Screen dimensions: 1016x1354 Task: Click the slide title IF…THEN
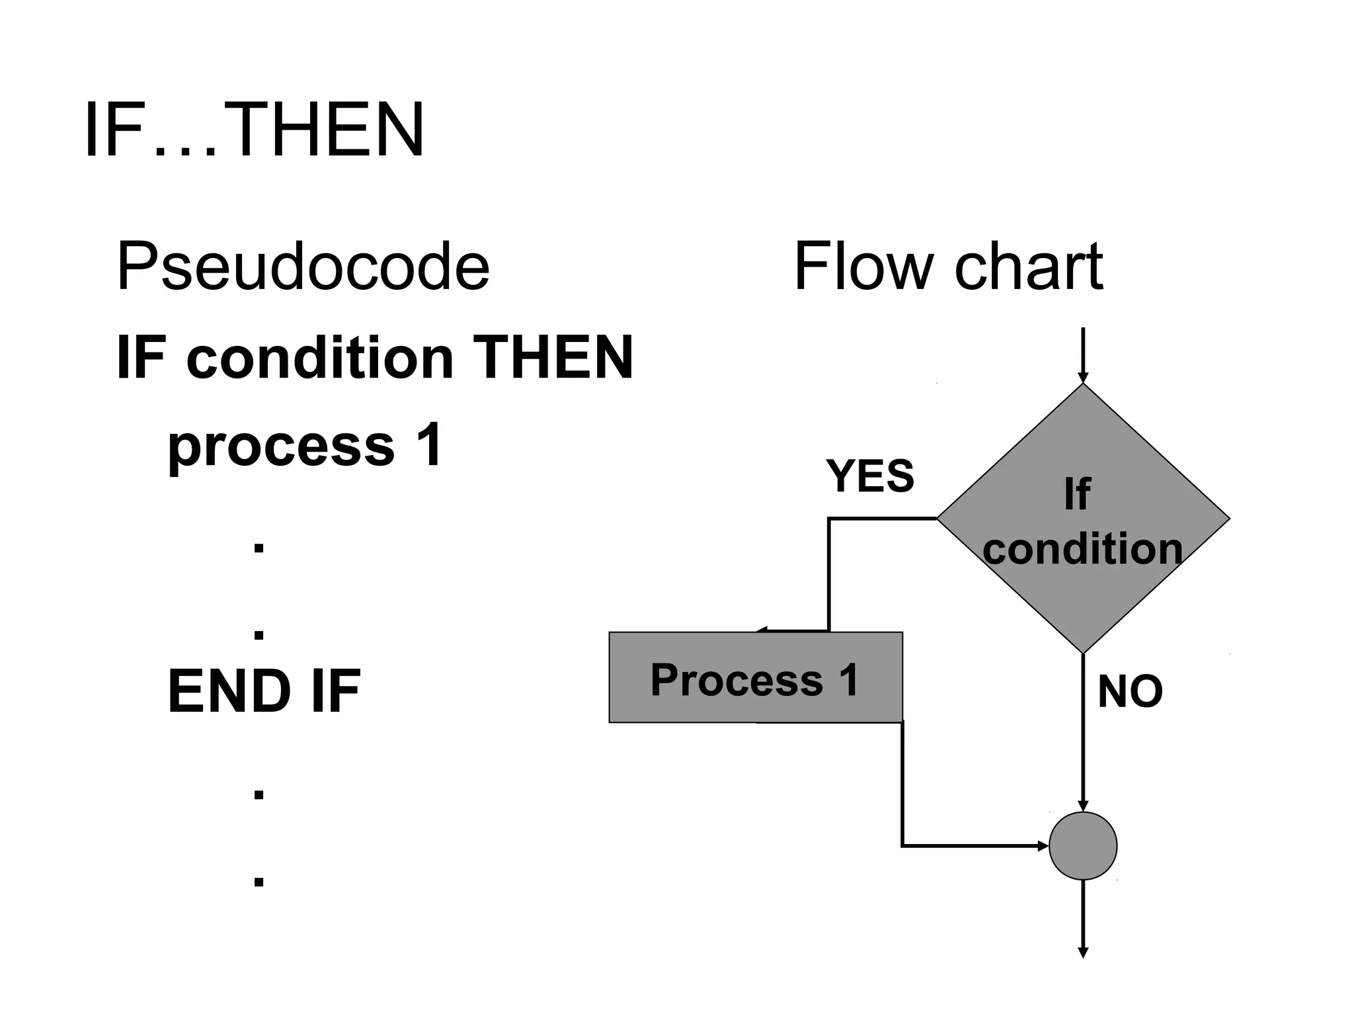pos(254,130)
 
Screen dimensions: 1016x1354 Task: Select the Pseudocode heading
pos(303,266)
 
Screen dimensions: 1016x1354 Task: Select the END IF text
pos(264,692)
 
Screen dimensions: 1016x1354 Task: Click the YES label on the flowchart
pos(869,476)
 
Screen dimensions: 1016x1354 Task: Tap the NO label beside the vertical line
pos(1129,692)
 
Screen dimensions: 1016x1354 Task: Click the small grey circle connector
pos(1082,845)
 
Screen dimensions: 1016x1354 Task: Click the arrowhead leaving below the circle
pos(1082,952)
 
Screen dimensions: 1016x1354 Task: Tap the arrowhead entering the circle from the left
pos(1044,845)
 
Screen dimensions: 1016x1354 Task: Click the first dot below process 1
pos(259,547)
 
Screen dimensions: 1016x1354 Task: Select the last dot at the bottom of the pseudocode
pos(259,881)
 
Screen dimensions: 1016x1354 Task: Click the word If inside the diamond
pos(1076,494)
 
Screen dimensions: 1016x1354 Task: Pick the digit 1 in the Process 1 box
pos(848,679)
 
